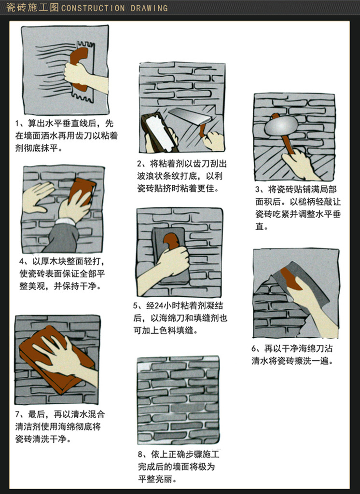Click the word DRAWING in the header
coord(149,8)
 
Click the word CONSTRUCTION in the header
coord(93,8)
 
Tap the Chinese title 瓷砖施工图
coord(32,8)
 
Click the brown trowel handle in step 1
coord(78,68)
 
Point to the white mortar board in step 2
coord(159,132)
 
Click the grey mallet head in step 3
coord(281,126)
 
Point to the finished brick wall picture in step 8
coord(178,400)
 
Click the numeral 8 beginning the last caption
coord(140,454)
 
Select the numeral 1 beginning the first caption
coord(18,123)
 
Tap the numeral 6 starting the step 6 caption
coord(254,348)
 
